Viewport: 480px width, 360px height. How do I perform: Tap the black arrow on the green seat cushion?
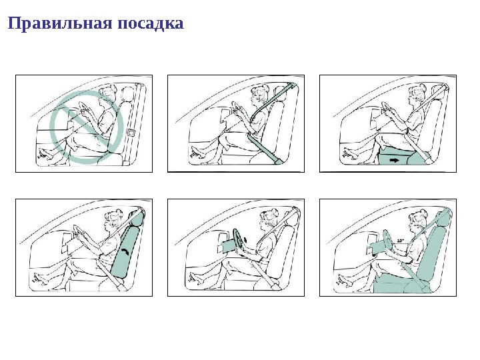396,161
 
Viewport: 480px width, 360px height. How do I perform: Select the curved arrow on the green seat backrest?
125,251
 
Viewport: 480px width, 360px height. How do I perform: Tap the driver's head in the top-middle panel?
259,93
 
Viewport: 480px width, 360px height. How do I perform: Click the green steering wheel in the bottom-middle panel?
237,241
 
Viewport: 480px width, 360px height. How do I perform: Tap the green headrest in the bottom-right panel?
441,217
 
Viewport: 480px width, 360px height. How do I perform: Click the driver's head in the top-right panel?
416,93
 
